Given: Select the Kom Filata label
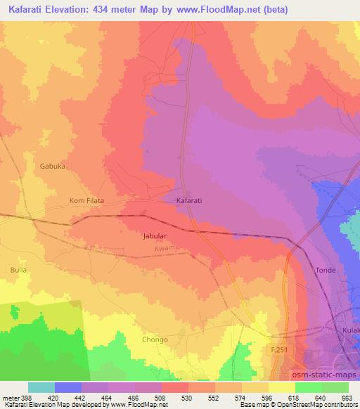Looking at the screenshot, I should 86,201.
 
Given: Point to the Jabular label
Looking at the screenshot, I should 156,237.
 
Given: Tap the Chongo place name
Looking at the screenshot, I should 155,339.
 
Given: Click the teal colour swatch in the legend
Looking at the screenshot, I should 41,387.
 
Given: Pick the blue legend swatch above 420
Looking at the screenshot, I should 68,387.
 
